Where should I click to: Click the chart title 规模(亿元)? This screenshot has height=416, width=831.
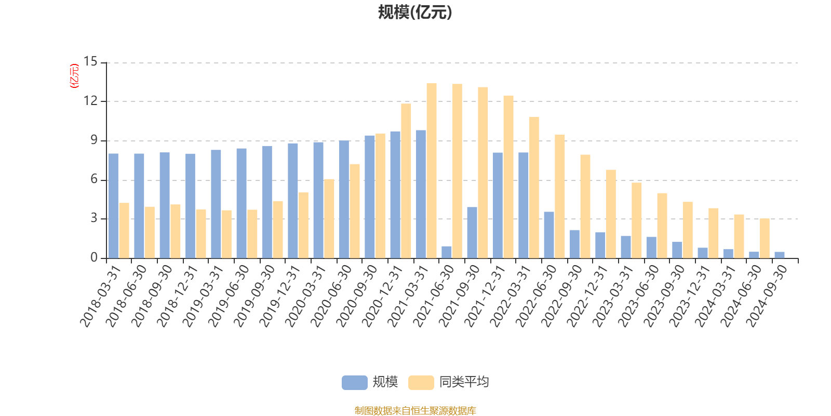coord(414,12)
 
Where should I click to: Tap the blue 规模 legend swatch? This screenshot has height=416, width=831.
coord(354,382)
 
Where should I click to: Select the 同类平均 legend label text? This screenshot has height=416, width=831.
coord(464,382)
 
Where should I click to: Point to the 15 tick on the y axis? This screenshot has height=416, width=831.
coord(90,62)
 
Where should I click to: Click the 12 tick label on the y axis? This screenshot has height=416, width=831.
coord(90,101)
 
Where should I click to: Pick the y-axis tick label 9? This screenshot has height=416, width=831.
coord(93,140)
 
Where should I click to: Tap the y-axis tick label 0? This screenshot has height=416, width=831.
coord(93,257)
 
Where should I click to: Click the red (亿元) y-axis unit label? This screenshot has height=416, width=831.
coord(74,76)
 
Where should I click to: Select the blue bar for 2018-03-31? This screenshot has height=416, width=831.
coord(113,205)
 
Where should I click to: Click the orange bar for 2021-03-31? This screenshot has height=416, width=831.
coord(432,170)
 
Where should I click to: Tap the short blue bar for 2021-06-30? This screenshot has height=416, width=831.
coord(447,252)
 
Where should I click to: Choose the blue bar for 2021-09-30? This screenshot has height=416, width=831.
coord(472,232)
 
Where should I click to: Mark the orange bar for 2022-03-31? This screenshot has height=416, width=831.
coord(534,187)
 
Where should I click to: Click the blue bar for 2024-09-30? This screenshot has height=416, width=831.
coord(780,255)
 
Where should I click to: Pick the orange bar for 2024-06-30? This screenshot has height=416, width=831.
coord(765,238)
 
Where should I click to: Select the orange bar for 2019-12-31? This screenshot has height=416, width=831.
coord(303,225)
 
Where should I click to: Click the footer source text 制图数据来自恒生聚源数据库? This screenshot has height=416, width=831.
coord(415,410)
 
